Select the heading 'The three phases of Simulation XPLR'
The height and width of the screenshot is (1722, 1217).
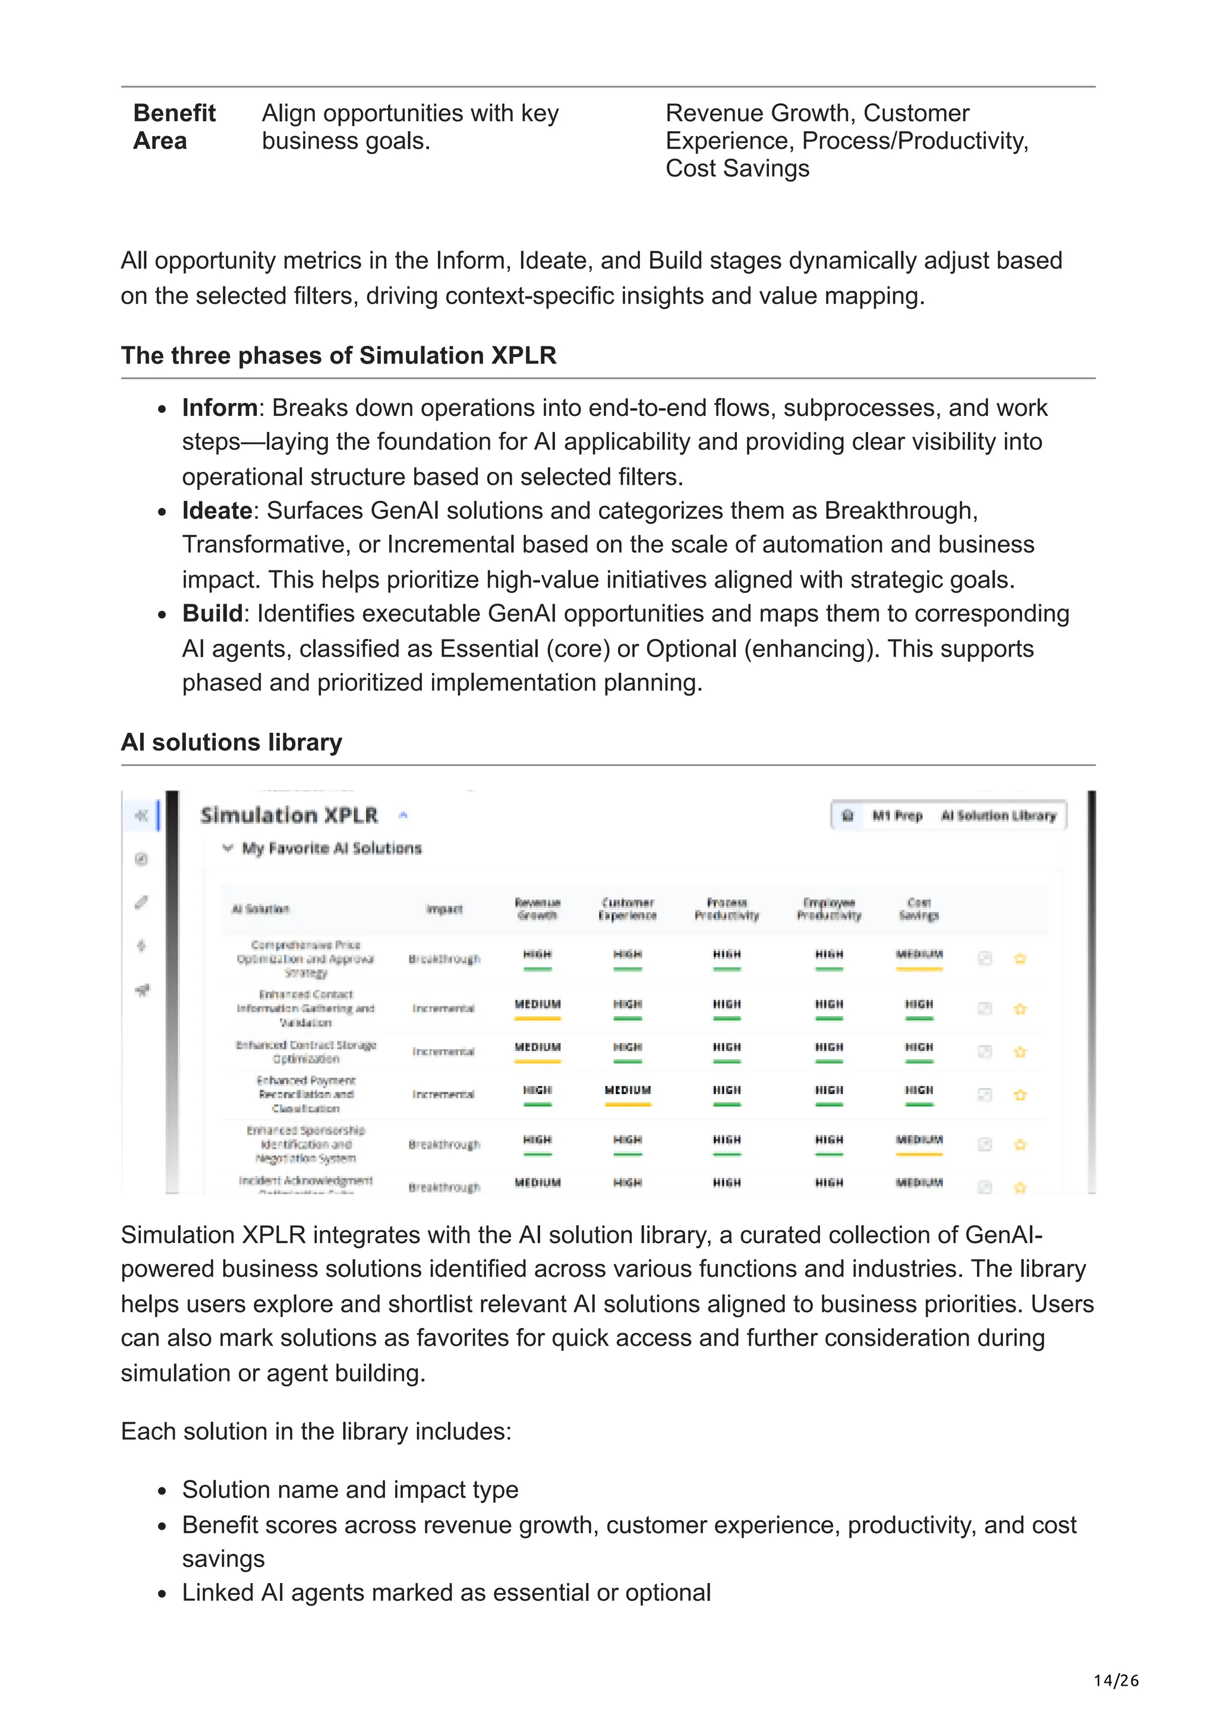(x=338, y=355)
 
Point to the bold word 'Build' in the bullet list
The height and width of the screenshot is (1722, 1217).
(x=212, y=613)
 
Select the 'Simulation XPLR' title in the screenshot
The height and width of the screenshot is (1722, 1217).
(x=289, y=815)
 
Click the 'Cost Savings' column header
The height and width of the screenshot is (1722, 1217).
(x=918, y=909)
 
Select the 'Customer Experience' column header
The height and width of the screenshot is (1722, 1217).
(x=627, y=909)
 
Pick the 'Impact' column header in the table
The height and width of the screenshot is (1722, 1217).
(x=444, y=909)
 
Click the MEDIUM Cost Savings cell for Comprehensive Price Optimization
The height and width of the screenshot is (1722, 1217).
(x=919, y=955)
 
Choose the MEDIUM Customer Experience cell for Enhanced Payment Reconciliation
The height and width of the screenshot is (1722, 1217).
(x=628, y=1090)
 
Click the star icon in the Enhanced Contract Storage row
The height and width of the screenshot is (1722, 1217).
(x=1020, y=1052)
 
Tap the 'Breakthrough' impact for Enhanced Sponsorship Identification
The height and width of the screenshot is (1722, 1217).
(x=444, y=1144)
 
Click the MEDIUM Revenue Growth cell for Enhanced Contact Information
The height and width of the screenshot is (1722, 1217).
(x=537, y=1004)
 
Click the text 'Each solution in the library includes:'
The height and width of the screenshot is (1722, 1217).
(x=316, y=1431)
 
